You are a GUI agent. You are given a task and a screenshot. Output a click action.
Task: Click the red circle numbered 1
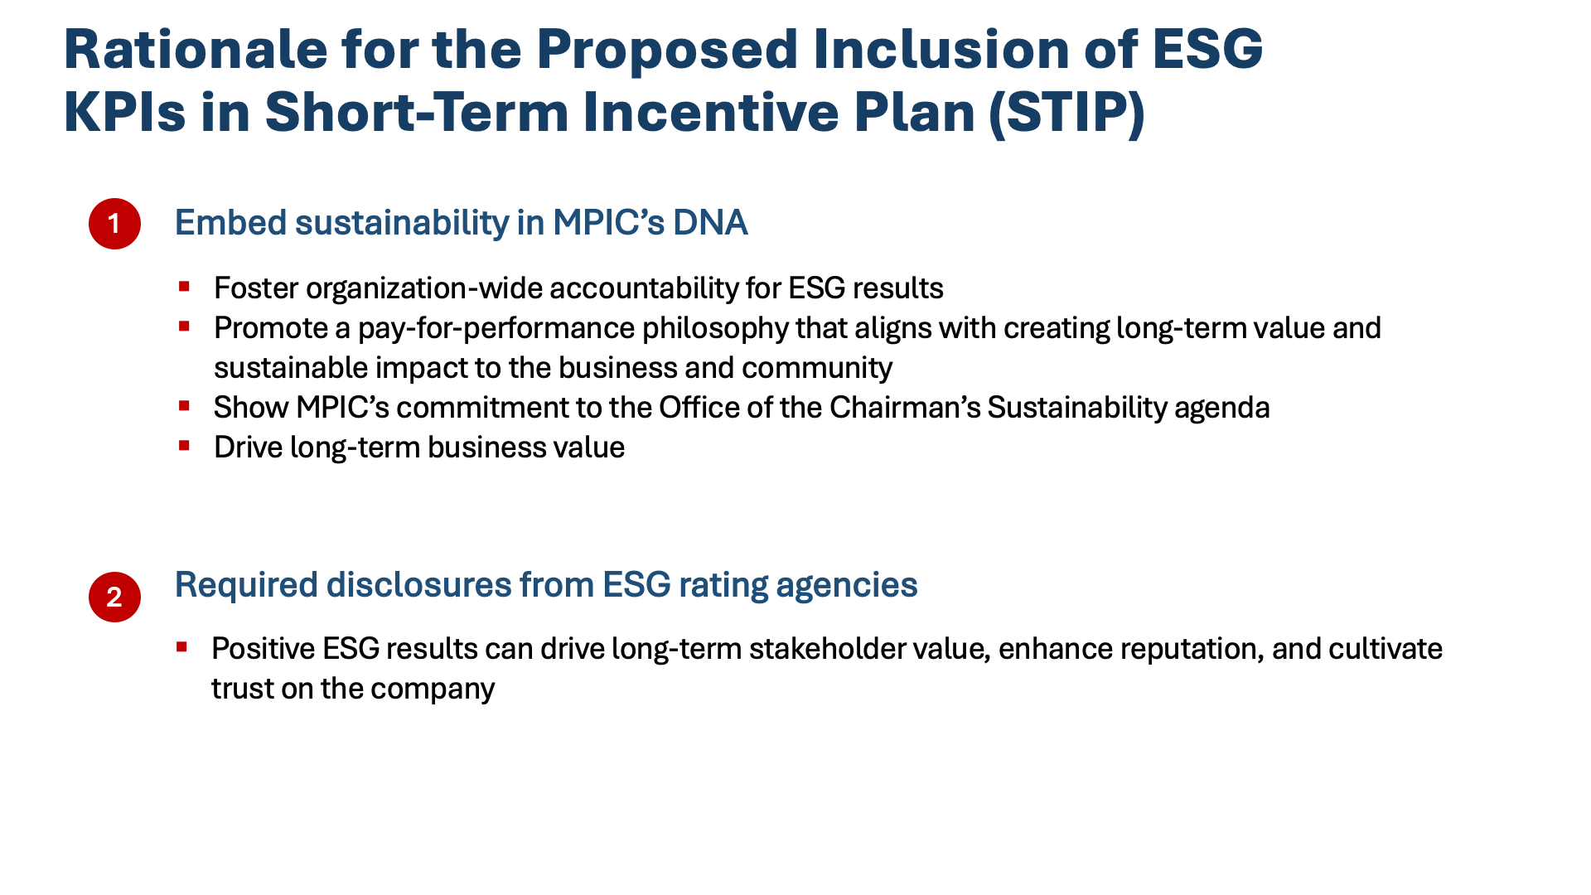(114, 224)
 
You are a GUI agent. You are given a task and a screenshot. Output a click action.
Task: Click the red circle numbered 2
(114, 597)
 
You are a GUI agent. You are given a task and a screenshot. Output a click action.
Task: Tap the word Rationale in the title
(196, 49)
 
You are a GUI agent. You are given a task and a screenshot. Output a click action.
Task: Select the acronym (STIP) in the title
(1067, 112)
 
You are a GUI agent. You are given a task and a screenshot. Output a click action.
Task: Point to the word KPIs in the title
(125, 112)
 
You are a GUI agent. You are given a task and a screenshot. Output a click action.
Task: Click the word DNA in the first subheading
(710, 223)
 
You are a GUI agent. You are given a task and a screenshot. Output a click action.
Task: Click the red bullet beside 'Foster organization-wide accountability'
(184, 287)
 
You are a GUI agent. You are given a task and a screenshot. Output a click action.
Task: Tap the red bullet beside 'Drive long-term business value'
(184, 446)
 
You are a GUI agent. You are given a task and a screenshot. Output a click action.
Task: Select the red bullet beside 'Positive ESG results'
(182, 646)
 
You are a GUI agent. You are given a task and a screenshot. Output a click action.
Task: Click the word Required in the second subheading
(246, 585)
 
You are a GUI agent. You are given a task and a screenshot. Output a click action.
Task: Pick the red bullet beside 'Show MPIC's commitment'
(184, 406)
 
